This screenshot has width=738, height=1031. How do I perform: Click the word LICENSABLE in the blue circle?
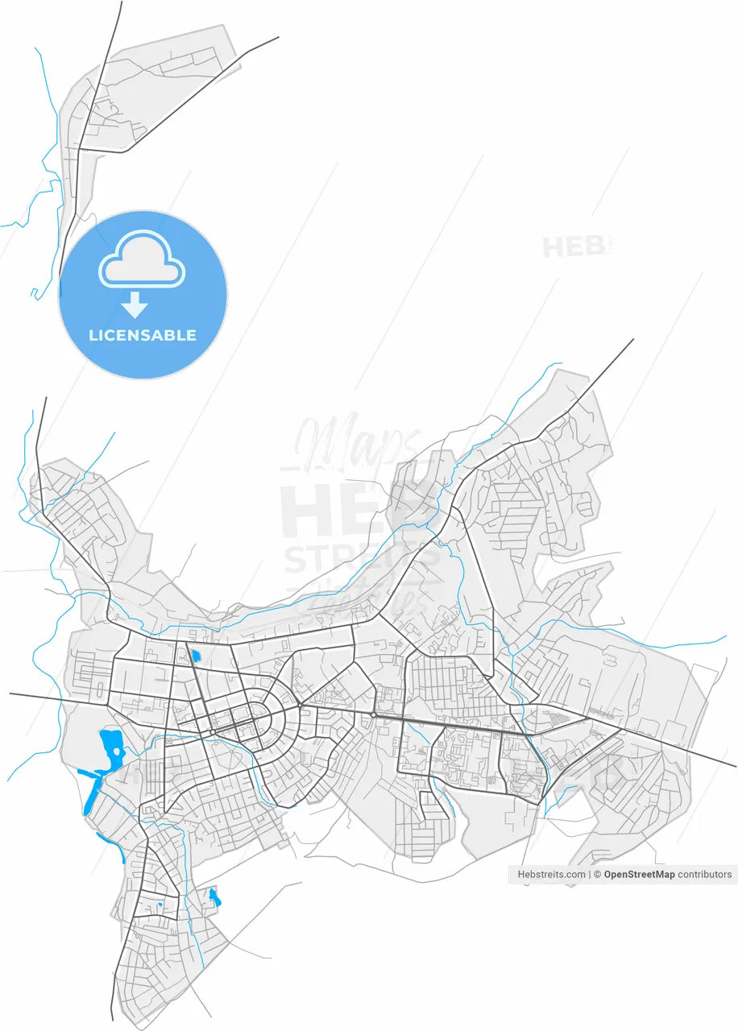pos(143,335)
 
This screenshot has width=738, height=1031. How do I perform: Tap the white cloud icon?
pos(142,260)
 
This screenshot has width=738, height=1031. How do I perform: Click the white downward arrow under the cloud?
pos(135,304)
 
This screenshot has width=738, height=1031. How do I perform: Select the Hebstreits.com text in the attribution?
pos(552,874)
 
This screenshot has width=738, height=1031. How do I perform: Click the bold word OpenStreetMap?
pos(639,874)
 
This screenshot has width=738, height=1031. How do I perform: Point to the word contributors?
pos(705,874)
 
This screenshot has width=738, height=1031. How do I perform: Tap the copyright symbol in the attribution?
pos(597,874)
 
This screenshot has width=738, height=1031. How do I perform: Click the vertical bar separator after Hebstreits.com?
pos(590,874)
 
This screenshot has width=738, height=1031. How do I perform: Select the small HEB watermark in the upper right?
pos(574,246)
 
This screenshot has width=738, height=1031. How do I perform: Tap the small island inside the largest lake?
pos(118,751)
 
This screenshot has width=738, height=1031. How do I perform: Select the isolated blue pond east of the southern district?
pos(214,896)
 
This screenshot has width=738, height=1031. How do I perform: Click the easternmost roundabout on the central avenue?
pos(375,714)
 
